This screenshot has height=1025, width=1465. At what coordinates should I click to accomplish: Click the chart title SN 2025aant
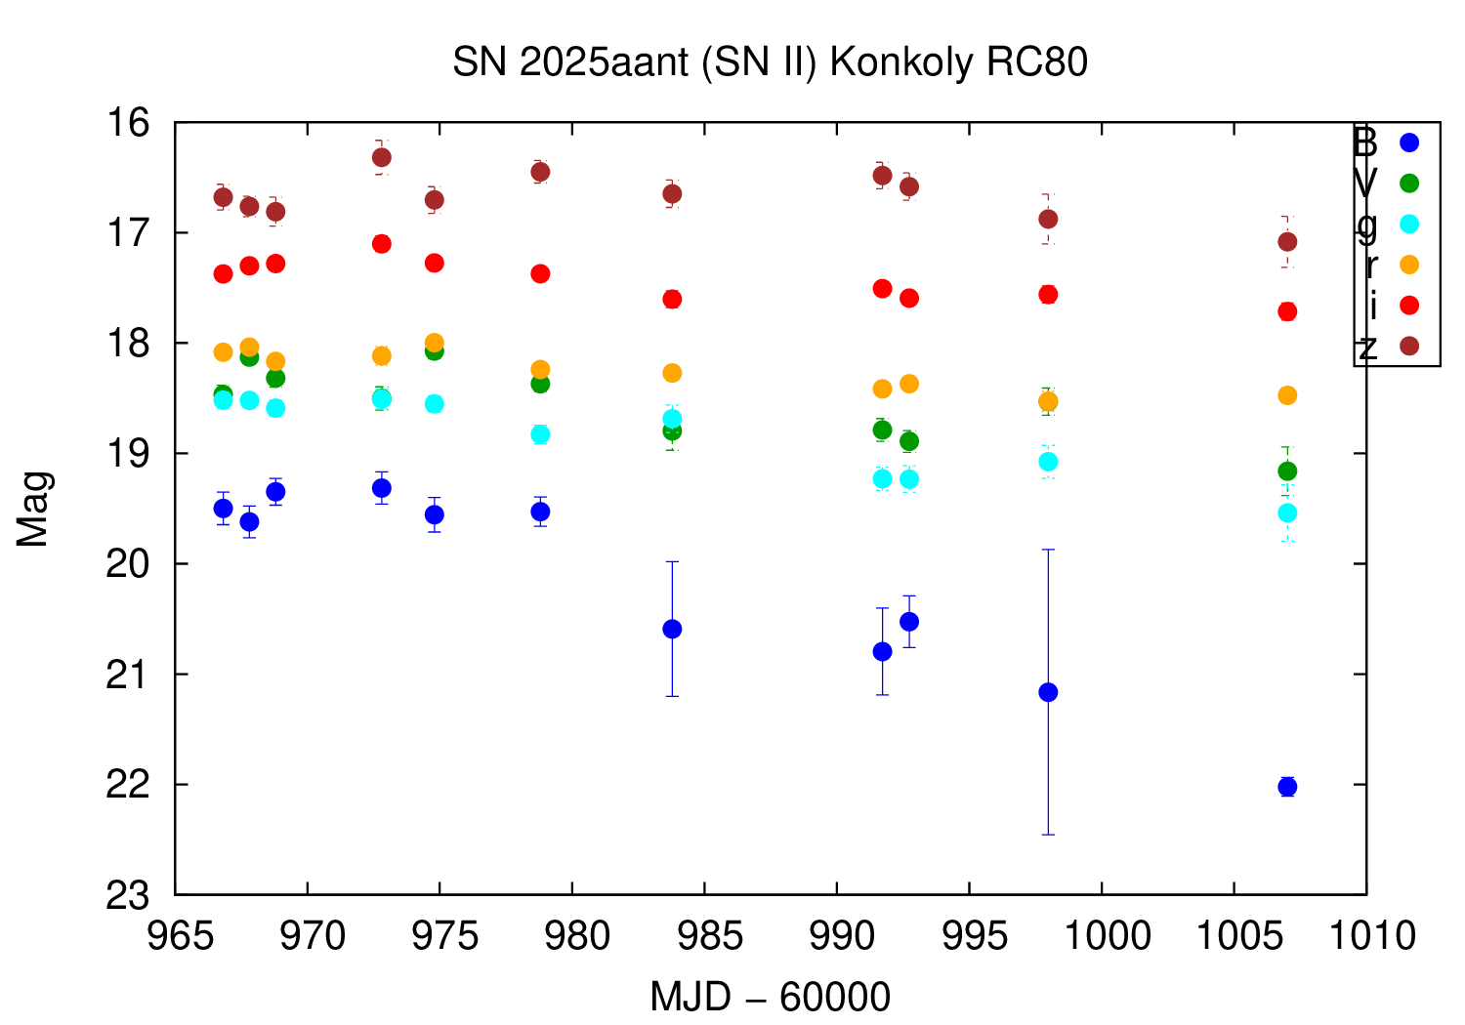click(x=770, y=62)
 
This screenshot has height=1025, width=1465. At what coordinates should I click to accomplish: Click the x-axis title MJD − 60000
click(x=770, y=998)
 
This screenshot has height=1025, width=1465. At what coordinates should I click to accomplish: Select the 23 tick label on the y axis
click(x=130, y=895)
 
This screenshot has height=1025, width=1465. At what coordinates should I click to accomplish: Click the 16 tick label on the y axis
click(x=130, y=123)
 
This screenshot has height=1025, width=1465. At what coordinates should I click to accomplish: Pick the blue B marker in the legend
click(x=1408, y=143)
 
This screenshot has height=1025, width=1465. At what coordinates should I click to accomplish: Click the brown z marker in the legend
click(x=1408, y=347)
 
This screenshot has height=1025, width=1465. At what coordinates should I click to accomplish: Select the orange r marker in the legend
click(x=1408, y=265)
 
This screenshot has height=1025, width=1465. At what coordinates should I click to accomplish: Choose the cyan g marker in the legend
click(x=1408, y=224)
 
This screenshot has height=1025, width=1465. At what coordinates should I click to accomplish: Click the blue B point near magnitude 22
click(x=1287, y=787)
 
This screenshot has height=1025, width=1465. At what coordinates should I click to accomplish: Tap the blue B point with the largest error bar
click(x=1048, y=692)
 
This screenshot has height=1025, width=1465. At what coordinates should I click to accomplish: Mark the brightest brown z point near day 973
click(x=382, y=157)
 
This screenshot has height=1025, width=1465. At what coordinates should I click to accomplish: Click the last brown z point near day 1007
click(x=1287, y=241)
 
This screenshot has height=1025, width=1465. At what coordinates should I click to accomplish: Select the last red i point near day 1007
click(x=1287, y=311)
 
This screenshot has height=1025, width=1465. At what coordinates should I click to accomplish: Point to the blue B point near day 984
click(x=672, y=629)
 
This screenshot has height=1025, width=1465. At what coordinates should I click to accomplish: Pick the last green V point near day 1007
click(x=1287, y=471)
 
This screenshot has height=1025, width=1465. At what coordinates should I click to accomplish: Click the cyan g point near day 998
click(x=1048, y=462)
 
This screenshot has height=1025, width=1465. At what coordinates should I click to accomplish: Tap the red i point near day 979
click(x=540, y=273)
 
